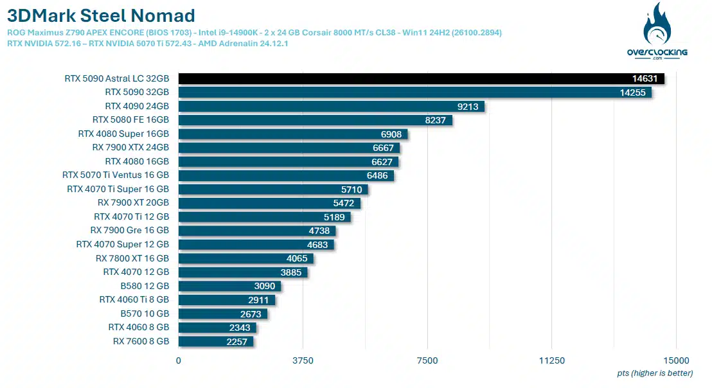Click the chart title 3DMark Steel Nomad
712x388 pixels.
tap(101, 15)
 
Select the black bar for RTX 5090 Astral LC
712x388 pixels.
tap(421, 79)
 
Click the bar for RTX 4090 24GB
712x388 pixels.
tap(331, 107)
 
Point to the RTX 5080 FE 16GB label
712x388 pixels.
tap(130, 120)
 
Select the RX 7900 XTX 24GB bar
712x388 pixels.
tap(289, 148)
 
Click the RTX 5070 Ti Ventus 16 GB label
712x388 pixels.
tap(116, 175)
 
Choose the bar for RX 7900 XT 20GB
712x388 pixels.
tap(269, 203)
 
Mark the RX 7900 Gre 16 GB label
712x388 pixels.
tap(129, 231)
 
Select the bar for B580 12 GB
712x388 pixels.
tap(229, 286)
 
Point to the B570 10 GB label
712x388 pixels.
tap(145, 314)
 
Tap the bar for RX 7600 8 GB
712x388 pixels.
tap(215, 341)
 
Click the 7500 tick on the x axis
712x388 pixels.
tap(427, 361)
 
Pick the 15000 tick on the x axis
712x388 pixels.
tap(676, 361)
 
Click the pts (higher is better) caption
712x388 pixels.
tap(655, 373)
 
